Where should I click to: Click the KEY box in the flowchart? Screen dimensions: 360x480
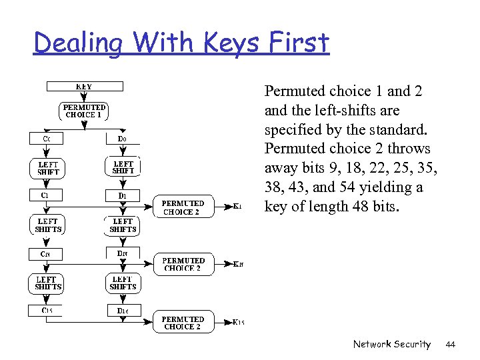[x=84, y=86]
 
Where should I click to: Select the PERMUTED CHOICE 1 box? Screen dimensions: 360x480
[x=84, y=111]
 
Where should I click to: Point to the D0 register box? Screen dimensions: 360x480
[x=123, y=139]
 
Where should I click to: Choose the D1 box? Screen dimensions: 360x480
[x=123, y=195]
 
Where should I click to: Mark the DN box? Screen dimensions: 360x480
[x=123, y=253]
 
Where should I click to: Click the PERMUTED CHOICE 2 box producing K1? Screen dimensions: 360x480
[x=183, y=207]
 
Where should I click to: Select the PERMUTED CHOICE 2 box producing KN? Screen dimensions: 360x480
[x=183, y=265]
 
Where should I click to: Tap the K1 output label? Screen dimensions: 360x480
[x=237, y=207]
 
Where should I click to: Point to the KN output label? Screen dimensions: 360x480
[x=238, y=265]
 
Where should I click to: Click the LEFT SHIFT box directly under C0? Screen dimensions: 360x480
[x=48, y=167]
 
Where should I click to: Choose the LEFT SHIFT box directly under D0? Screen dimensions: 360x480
[x=123, y=167]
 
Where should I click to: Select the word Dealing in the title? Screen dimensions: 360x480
[x=79, y=43]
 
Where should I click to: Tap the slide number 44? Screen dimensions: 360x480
[x=450, y=344]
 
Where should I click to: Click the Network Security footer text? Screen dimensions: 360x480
[x=392, y=344]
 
